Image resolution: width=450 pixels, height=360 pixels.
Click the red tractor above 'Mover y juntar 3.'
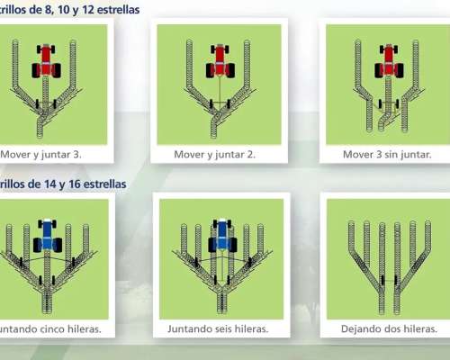click(47, 61)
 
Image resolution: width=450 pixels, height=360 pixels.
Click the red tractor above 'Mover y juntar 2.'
click(220, 61)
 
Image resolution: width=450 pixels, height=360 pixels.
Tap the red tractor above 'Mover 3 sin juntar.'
click(388, 59)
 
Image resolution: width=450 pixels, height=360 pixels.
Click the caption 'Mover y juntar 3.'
click(41, 154)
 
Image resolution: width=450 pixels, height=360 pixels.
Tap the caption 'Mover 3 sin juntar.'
click(387, 154)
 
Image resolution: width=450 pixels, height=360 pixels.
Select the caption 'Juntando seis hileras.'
click(220, 329)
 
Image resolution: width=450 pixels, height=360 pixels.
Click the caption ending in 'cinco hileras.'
click(49, 329)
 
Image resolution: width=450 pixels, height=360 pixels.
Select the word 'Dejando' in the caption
click(364, 329)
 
